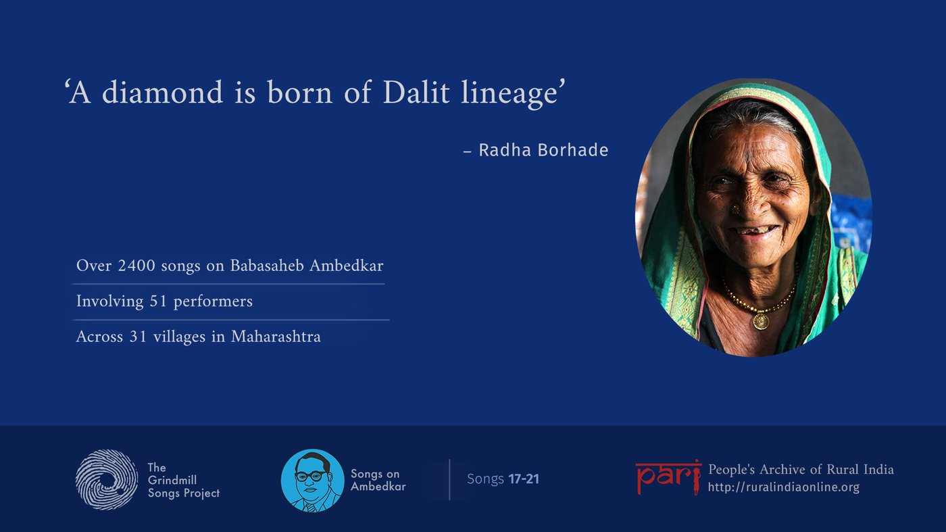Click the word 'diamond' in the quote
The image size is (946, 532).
[162, 92]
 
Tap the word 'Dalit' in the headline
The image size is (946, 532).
[416, 92]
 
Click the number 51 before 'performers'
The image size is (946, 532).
[158, 301]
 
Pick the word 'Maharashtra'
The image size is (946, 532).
[276, 337]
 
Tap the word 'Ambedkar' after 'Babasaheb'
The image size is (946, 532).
[346, 266]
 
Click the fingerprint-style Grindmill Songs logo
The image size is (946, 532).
[107, 479]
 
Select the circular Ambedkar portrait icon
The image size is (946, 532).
[312, 481]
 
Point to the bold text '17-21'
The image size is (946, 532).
[524, 479]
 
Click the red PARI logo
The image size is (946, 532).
[668, 477]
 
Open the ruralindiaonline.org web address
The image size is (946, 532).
[783, 487]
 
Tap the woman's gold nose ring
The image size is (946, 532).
[735, 209]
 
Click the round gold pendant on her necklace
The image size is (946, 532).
[761, 322]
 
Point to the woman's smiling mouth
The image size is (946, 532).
[754, 232]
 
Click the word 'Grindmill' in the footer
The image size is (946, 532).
[172, 481]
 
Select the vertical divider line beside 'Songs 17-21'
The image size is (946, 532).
[449, 479]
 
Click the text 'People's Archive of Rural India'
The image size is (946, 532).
[801, 469]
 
